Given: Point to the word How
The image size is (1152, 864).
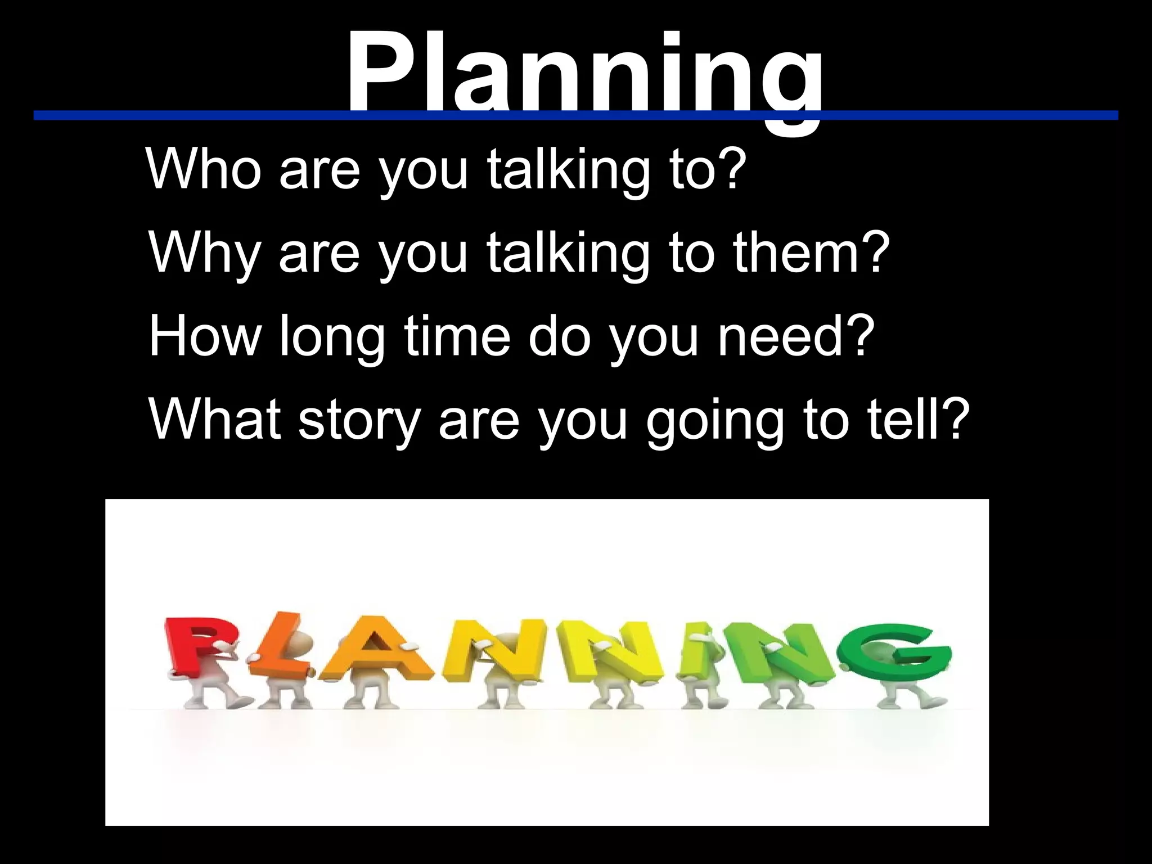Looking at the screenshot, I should (205, 336).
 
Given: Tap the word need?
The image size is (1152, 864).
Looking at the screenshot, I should (796, 336).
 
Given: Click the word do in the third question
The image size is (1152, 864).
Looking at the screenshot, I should (560, 336).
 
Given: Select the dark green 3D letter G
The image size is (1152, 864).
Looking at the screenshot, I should (894, 652).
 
